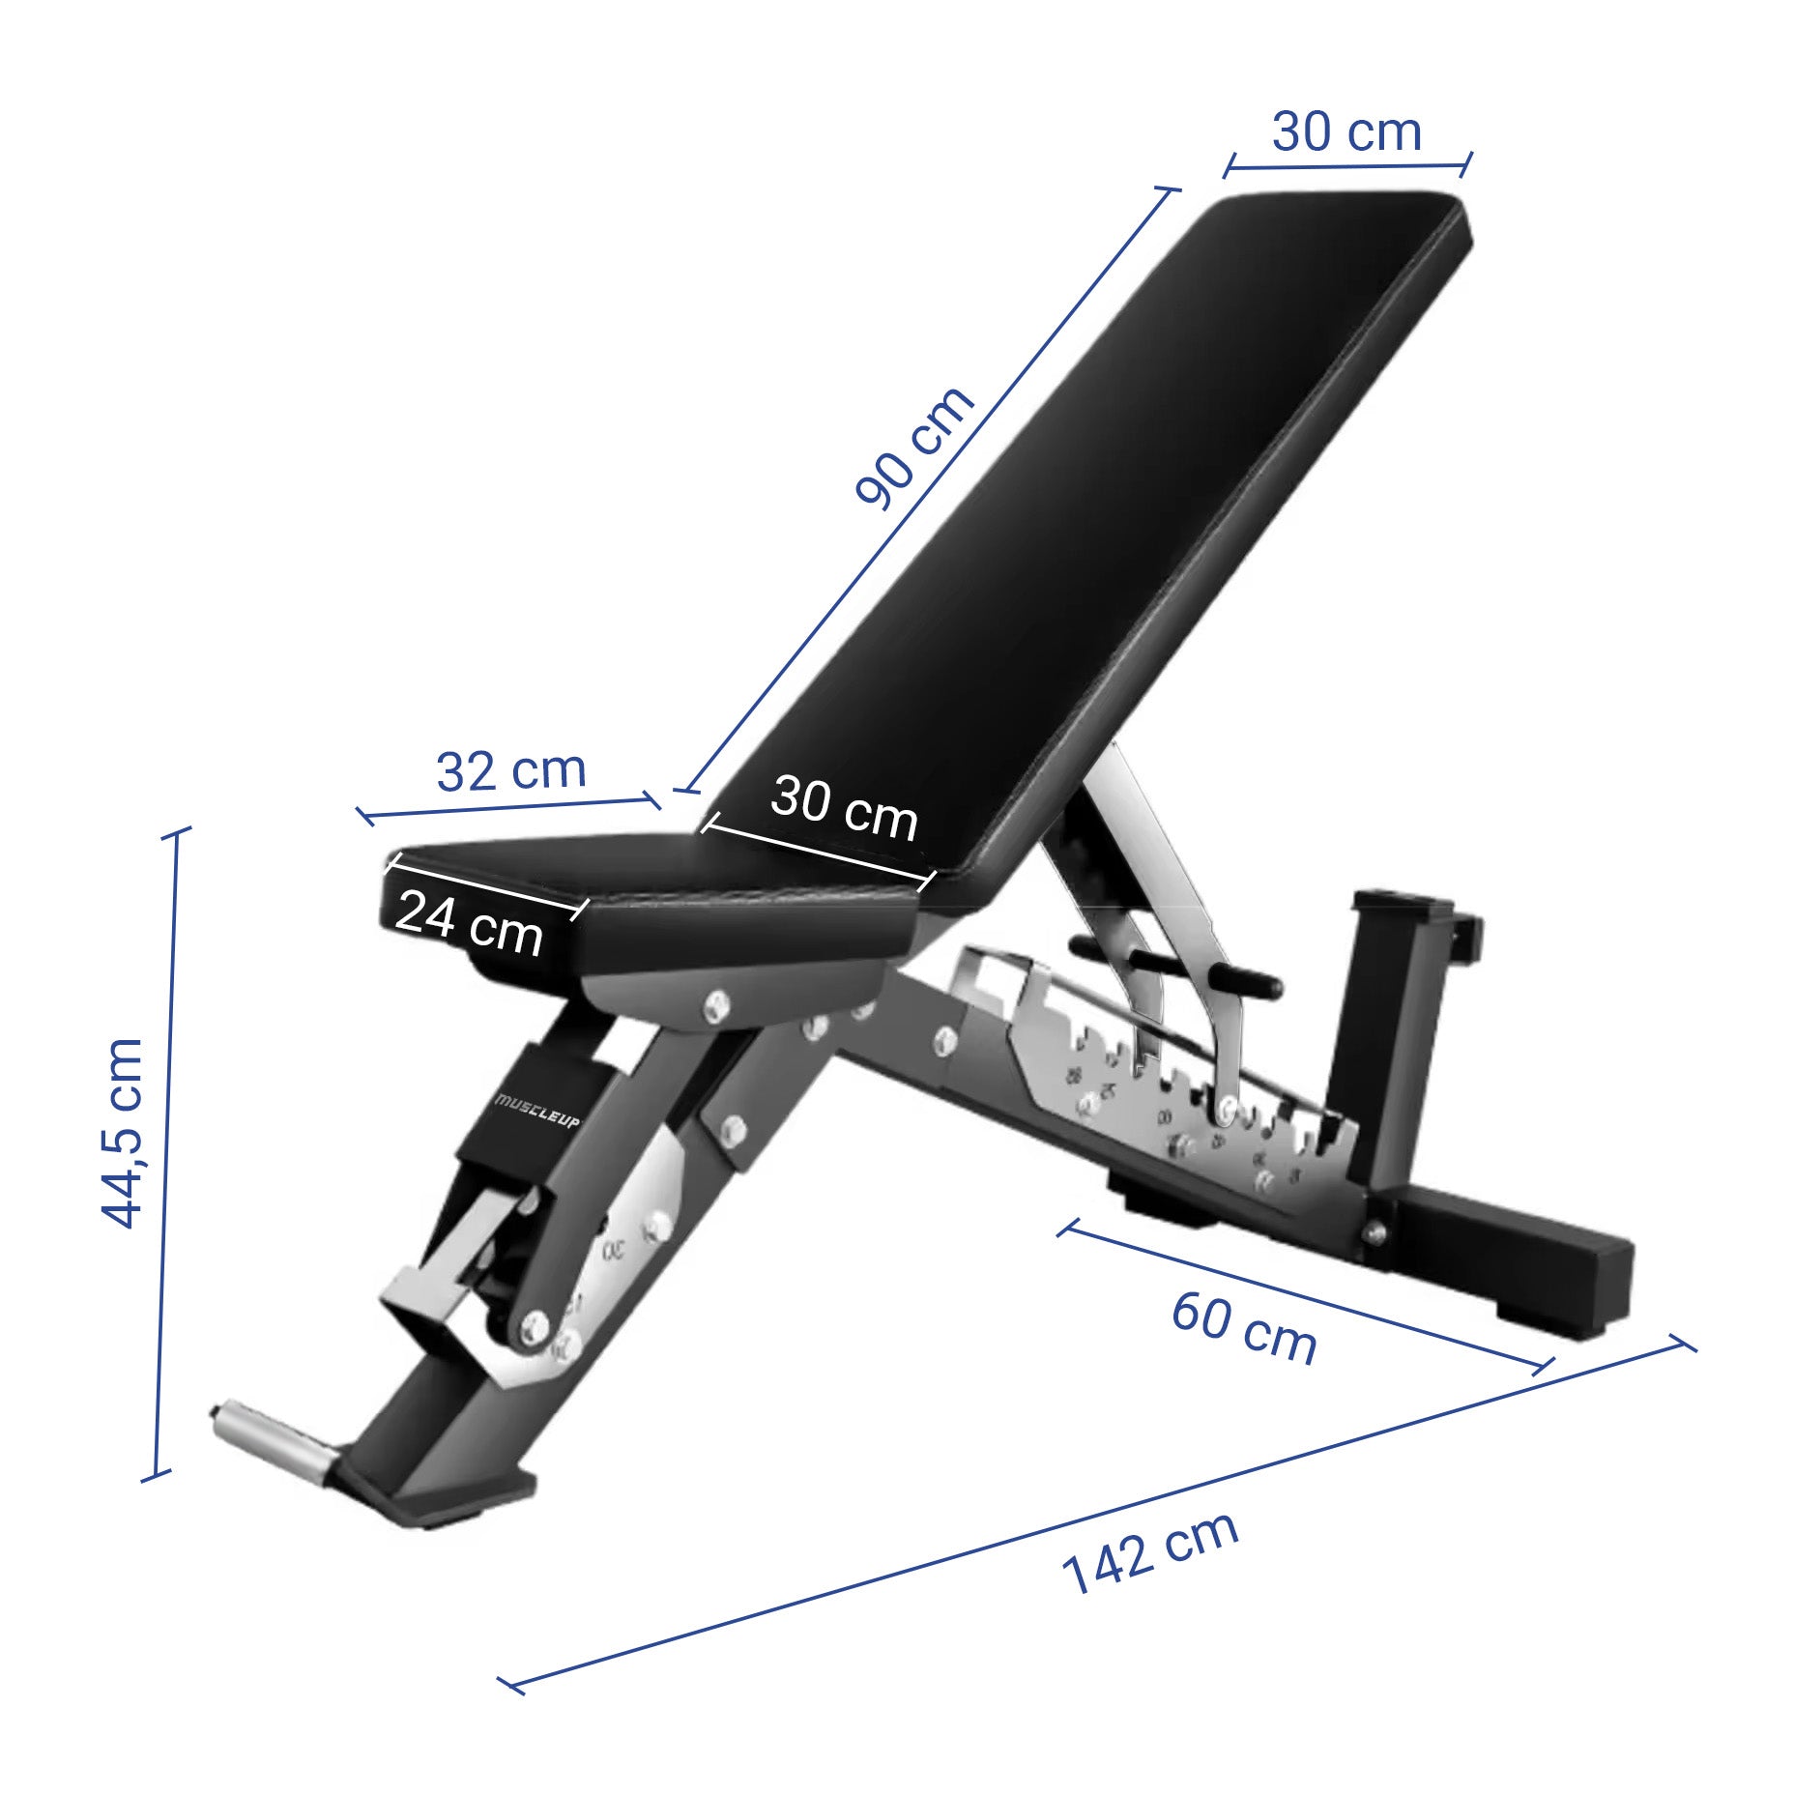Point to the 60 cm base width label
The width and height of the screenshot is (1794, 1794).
coord(1243,1328)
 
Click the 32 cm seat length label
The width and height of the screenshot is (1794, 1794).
coord(510,770)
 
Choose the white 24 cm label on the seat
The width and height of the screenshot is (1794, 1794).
coord(469,923)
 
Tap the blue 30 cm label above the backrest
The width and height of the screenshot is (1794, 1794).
coord(1346,131)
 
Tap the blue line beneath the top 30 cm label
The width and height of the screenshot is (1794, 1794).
coord(1347,166)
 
